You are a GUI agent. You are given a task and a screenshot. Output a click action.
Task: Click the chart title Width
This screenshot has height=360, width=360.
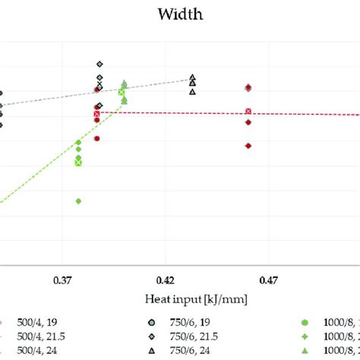coord(180,14)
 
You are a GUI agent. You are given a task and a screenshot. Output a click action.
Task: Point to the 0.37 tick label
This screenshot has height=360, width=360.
coord(64,279)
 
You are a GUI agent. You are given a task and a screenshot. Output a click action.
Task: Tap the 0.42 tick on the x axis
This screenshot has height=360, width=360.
coord(166,279)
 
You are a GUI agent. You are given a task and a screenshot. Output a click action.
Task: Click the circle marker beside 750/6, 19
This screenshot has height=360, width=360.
coord(152,321)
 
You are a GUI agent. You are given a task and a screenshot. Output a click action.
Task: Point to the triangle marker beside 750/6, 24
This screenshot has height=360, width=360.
coord(152,350)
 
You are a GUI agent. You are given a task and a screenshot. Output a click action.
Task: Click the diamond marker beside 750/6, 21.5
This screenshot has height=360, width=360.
coord(152,336)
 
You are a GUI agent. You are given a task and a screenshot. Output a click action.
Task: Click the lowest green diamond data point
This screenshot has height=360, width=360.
coord(78,201)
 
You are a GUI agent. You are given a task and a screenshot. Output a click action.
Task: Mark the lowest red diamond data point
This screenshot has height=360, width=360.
coord(248,145)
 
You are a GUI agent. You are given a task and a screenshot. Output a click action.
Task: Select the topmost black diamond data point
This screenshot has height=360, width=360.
coord(99,65)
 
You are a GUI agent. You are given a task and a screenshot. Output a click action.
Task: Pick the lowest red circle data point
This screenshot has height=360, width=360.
coord(97,138)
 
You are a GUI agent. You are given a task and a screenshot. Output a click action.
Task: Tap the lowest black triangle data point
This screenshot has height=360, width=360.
coord(192,92)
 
